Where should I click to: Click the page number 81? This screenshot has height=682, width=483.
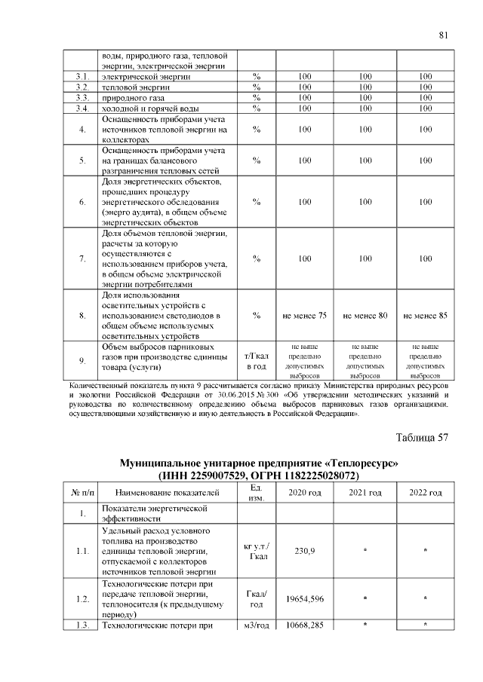(x=444, y=35)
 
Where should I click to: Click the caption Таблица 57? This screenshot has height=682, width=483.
(x=422, y=436)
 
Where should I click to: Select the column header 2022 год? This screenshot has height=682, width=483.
(x=426, y=493)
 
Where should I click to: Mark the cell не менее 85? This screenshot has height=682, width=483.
(x=426, y=315)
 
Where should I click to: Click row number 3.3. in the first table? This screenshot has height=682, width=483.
(x=83, y=98)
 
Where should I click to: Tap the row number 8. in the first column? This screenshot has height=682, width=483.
(x=83, y=315)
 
